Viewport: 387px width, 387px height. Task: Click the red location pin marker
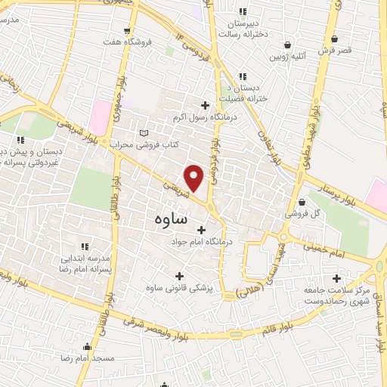194,177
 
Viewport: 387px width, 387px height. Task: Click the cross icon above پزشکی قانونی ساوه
178,277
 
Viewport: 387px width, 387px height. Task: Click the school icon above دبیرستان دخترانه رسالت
243,11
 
